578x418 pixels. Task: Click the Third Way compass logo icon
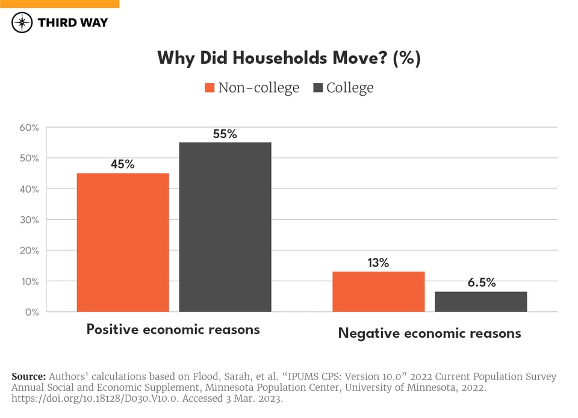pyautogui.click(x=22, y=23)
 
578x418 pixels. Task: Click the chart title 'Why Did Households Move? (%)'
pyautogui.click(x=289, y=58)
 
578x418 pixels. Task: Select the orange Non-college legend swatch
pyautogui.click(x=210, y=88)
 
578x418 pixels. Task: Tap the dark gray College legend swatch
pyautogui.click(x=319, y=88)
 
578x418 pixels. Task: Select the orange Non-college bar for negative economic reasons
pyautogui.click(x=379, y=292)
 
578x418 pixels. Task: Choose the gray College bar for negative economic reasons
pyautogui.click(x=480, y=302)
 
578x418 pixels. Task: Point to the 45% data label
pyautogui.click(x=123, y=164)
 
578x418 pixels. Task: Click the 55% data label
pyautogui.click(x=225, y=134)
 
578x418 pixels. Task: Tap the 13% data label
pyautogui.click(x=379, y=263)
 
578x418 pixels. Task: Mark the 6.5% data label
pyautogui.click(x=480, y=282)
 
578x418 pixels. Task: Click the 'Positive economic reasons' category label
pyautogui.click(x=173, y=329)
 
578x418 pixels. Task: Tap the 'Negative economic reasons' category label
pyautogui.click(x=429, y=333)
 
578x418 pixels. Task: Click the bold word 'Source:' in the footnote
pyautogui.click(x=29, y=376)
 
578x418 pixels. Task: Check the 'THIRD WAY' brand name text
pyautogui.click(x=73, y=23)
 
